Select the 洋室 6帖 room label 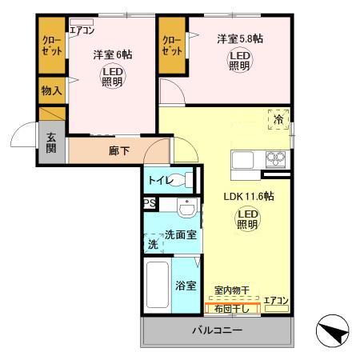coord(112,55)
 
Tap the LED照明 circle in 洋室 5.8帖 coord(240,61)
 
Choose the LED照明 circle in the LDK coord(246,218)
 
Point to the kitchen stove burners coord(275,157)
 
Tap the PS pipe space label coord(150,204)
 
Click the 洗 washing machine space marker coord(152,244)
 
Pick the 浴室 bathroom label coord(186,286)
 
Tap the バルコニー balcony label coord(216,330)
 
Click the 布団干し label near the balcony coord(234,308)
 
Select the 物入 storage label coord(51,90)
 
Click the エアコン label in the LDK coord(276,300)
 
